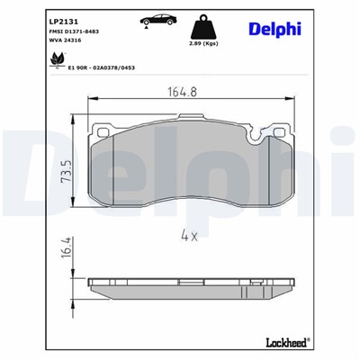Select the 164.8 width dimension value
click(x=182, y=91)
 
